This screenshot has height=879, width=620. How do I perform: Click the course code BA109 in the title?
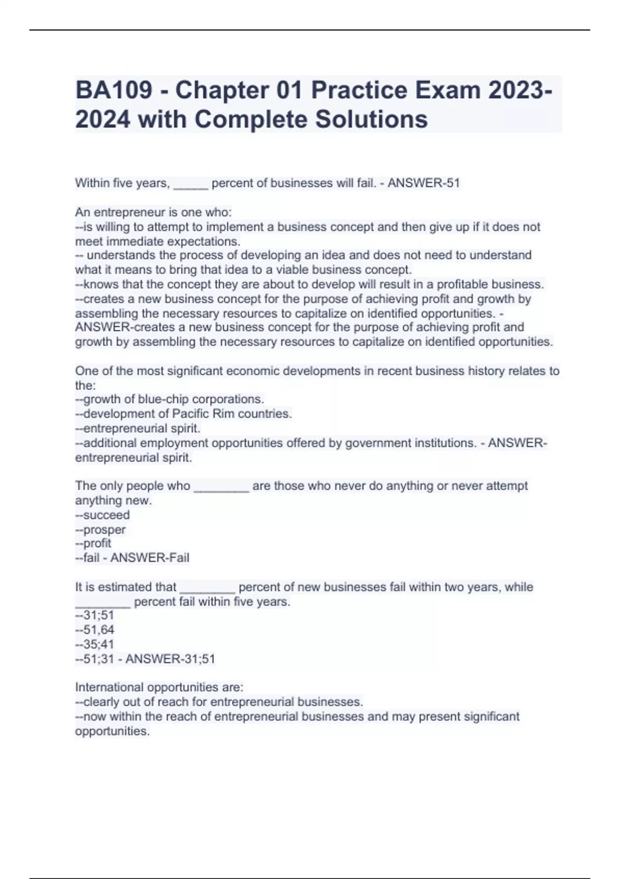[114, 90]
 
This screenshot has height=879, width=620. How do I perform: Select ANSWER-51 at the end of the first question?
[424, 183]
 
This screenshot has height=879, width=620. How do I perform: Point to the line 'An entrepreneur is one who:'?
[153, 212]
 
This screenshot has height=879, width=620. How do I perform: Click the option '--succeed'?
[102, 515]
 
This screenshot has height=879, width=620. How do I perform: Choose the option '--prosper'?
[100, 529]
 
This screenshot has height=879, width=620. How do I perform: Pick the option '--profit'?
[93, 543]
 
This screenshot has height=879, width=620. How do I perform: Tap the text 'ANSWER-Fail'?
[150, 558]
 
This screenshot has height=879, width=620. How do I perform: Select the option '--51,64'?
[95, 630]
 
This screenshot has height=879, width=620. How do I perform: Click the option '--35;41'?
[95, 644]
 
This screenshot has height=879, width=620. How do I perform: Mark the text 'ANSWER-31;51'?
[171, 659]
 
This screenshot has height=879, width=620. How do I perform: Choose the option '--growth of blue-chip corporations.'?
[169, 399]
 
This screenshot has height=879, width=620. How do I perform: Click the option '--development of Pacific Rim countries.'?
[183, 414]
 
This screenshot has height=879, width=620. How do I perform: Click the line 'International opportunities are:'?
[159, 687]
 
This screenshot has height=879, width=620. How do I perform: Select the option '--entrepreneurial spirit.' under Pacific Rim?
[137, 429]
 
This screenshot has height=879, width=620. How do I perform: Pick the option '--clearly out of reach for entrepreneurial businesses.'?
[219, 702]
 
